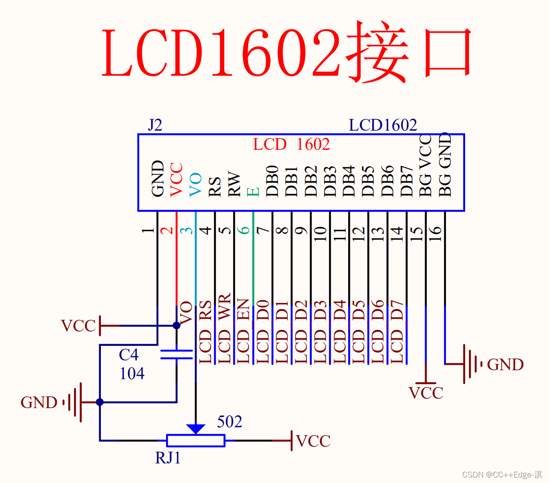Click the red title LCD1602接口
286,52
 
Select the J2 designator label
155,125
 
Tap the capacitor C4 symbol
177,354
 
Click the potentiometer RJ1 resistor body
195,440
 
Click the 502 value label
229,422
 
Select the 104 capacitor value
132,374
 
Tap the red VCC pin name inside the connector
176,180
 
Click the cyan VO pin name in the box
195,184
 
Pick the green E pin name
253,191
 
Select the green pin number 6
244,230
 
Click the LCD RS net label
205,332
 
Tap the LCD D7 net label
397,332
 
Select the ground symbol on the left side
74,402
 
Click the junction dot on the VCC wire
177,326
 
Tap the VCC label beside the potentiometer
313,441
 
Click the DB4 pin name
349,181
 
